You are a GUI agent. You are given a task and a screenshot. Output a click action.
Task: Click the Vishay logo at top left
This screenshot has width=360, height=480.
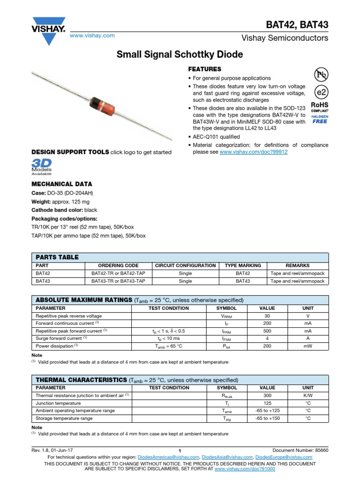[48, 27]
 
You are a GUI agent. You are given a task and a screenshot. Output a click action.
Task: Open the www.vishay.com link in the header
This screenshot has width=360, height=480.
[92, 36]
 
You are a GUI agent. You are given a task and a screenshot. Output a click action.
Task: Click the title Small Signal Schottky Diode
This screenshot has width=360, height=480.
[180, 55]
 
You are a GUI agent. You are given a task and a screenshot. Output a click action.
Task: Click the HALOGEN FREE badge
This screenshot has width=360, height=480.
[320, 119]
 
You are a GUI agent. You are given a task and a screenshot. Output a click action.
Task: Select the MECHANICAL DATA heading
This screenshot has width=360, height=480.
[61, 184]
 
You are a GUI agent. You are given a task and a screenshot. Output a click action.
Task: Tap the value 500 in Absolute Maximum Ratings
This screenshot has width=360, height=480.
[267, 331]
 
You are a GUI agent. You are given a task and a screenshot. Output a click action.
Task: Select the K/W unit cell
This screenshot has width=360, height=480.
[307, 396]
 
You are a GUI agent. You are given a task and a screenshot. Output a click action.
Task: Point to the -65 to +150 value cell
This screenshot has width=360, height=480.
[267, 418]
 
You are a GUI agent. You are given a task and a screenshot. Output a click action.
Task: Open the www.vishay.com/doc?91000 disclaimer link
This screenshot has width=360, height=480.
[244, 468]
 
